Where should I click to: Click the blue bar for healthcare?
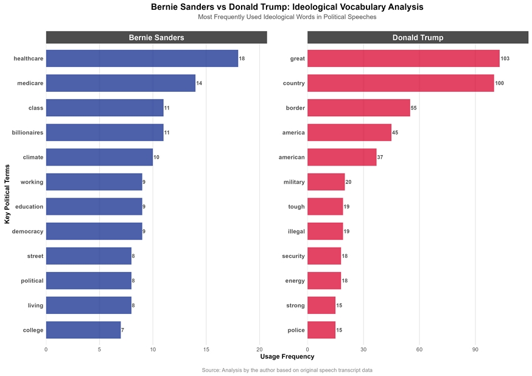coord(142,58)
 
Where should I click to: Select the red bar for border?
coord(359,108)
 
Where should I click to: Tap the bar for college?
coord(83,330)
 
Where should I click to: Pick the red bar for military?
coord(326,182)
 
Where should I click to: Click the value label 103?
coord(505,58)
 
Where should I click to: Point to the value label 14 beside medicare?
coord(199,83)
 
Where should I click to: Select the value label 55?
coord(415,108)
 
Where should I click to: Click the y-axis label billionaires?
coord(27,133)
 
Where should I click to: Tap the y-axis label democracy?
coord(27,231)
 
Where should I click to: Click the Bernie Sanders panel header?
coord(156,38)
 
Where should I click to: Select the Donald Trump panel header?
coord(418,38)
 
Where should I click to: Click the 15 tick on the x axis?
coord(206,349)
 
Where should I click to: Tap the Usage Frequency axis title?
coord(287,357)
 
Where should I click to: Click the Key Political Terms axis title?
coord(7,194)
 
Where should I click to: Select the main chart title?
coord(287,7)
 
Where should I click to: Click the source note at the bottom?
coord(287,370)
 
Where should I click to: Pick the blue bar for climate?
coord(99,157)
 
